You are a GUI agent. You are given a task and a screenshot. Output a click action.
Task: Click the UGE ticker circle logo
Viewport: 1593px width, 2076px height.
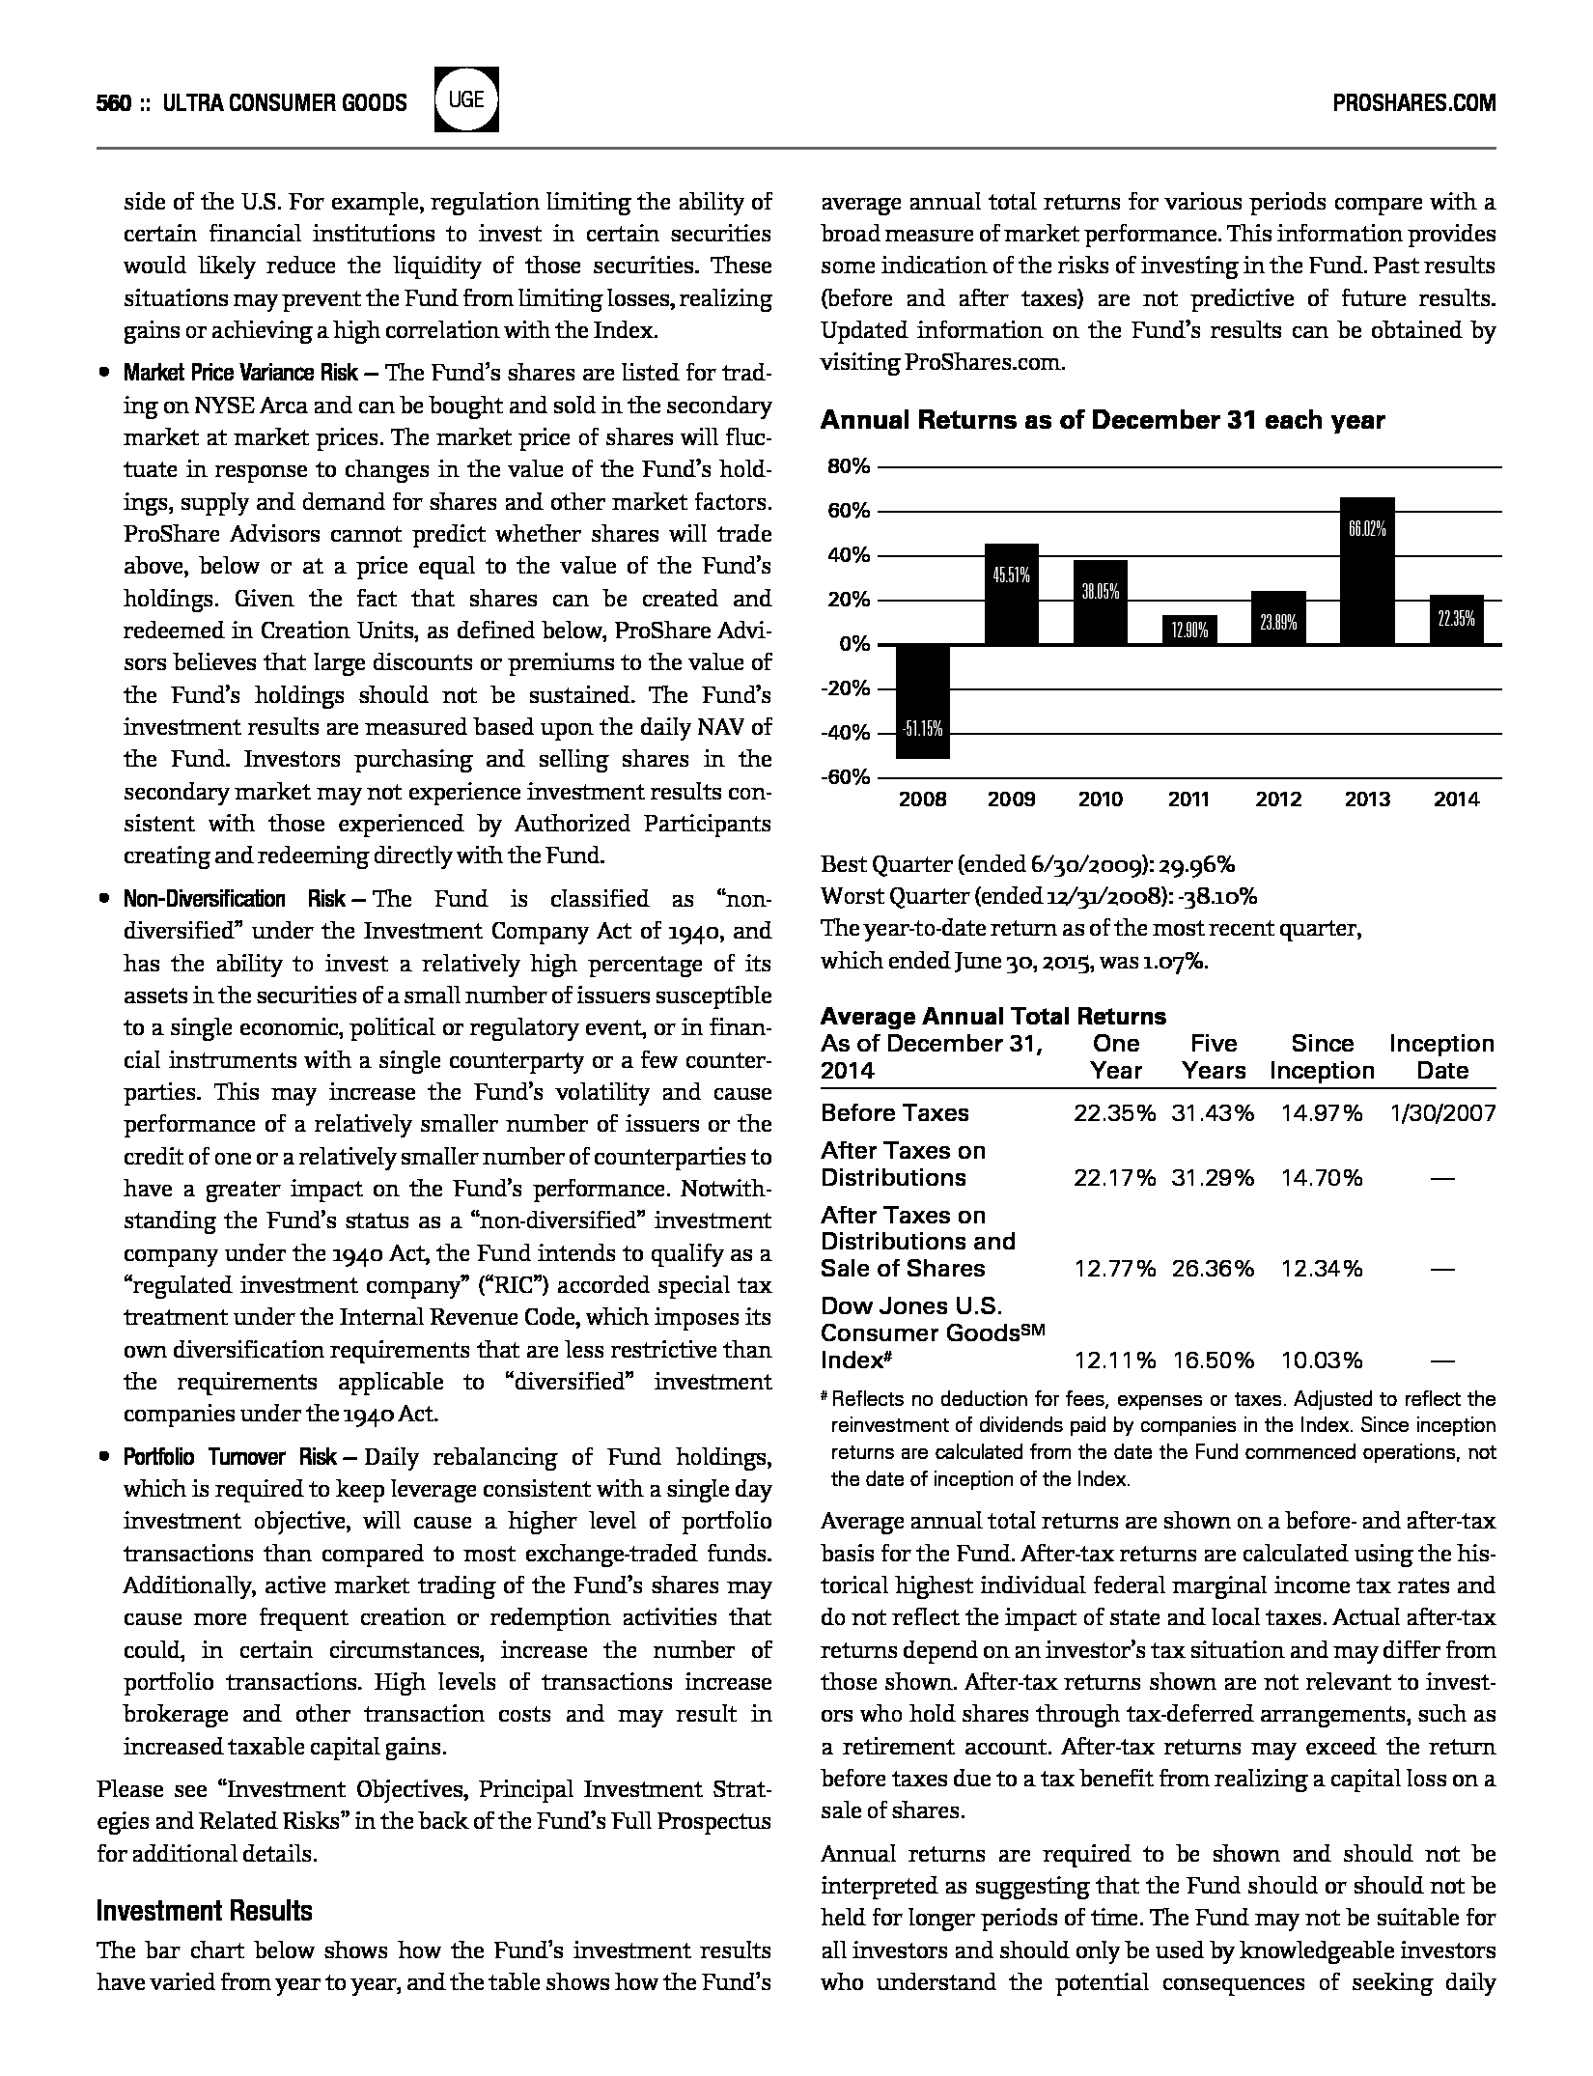coord(466,100)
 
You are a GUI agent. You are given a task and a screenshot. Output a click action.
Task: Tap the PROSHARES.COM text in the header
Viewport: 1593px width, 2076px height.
coord(1413,103)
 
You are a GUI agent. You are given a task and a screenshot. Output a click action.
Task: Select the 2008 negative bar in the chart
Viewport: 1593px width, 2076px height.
coord(923,702)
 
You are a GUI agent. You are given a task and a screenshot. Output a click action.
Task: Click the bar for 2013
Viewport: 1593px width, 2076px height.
coord(1367,571)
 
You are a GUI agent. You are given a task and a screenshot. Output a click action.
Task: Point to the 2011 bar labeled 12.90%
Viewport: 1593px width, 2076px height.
coord(1189,630)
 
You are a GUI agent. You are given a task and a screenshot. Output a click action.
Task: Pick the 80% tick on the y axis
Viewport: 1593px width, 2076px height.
coord(850,467)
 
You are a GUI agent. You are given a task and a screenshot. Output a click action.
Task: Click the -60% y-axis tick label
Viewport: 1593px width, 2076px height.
coord(846,777)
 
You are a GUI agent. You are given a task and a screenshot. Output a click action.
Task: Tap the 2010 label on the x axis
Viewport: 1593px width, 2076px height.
coord(1101,800)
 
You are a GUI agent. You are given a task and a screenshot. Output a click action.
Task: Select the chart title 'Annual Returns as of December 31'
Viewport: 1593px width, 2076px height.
coord(1103,420)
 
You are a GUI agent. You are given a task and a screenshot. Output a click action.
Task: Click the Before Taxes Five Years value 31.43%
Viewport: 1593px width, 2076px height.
coord(1213,1113)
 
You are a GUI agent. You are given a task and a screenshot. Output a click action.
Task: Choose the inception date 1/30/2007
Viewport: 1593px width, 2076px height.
coord(1442,1113)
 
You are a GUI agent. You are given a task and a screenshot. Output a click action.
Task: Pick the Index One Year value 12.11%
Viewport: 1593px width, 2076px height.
coord(1114,1361)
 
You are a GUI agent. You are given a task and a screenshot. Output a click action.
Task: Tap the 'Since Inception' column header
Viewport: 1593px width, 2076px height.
coord(1322,1057)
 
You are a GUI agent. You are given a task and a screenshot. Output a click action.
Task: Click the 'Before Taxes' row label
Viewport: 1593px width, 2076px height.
coord(894,1113)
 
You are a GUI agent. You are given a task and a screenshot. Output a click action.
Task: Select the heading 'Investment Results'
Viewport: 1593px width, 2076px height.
coord(205,1911)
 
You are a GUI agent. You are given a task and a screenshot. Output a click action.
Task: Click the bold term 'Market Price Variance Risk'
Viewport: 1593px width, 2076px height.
coord(240,374)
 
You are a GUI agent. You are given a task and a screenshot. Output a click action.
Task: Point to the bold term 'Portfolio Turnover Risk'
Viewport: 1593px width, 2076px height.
coord(230,1457)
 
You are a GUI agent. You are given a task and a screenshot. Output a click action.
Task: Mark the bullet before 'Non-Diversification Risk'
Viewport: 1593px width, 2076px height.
coord(103,900)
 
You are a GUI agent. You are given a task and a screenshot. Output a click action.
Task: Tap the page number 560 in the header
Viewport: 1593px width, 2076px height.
coord(114,103)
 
